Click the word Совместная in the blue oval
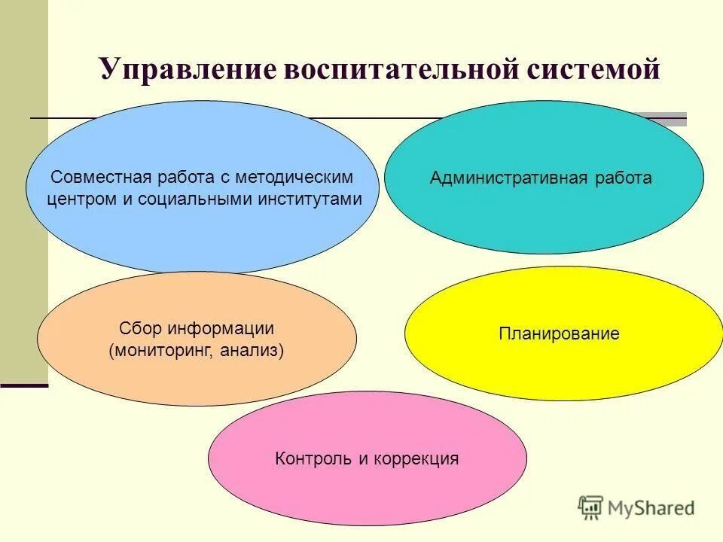pyautogui.click(x=93, y=178)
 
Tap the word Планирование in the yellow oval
pyautogui.click(x=559, y=333)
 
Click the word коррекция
pyautogui.click(x=417, y=458)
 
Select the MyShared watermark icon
pyautogui.click(x=591, y=507)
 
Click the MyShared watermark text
pyautogui.click(x=651, y=508)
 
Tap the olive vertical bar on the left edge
pyautogui.click(x=23, y=188)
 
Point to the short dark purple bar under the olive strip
pyautogui.click(x=23, y=385)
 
